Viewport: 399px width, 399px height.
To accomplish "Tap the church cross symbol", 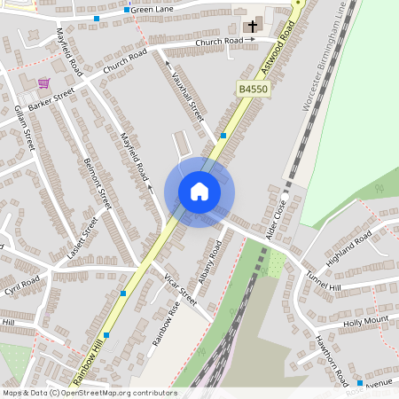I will pyautogui.click(x=252, y=27).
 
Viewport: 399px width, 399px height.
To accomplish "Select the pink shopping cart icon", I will pyautogui.click(x=43, y=83).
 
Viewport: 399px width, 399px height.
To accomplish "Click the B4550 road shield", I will pyautogui.click(x=252, y=90).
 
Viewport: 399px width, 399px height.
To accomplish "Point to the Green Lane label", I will pyautogui.click(x=152, y=9).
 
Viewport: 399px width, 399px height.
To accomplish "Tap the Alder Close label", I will pyautogui.click(x=278, y=216).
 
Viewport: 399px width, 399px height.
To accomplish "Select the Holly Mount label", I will pyautogui.click(x=365, y=321).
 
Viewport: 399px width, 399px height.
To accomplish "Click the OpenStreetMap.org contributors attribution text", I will pyautogui.click(x=115, y=392).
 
